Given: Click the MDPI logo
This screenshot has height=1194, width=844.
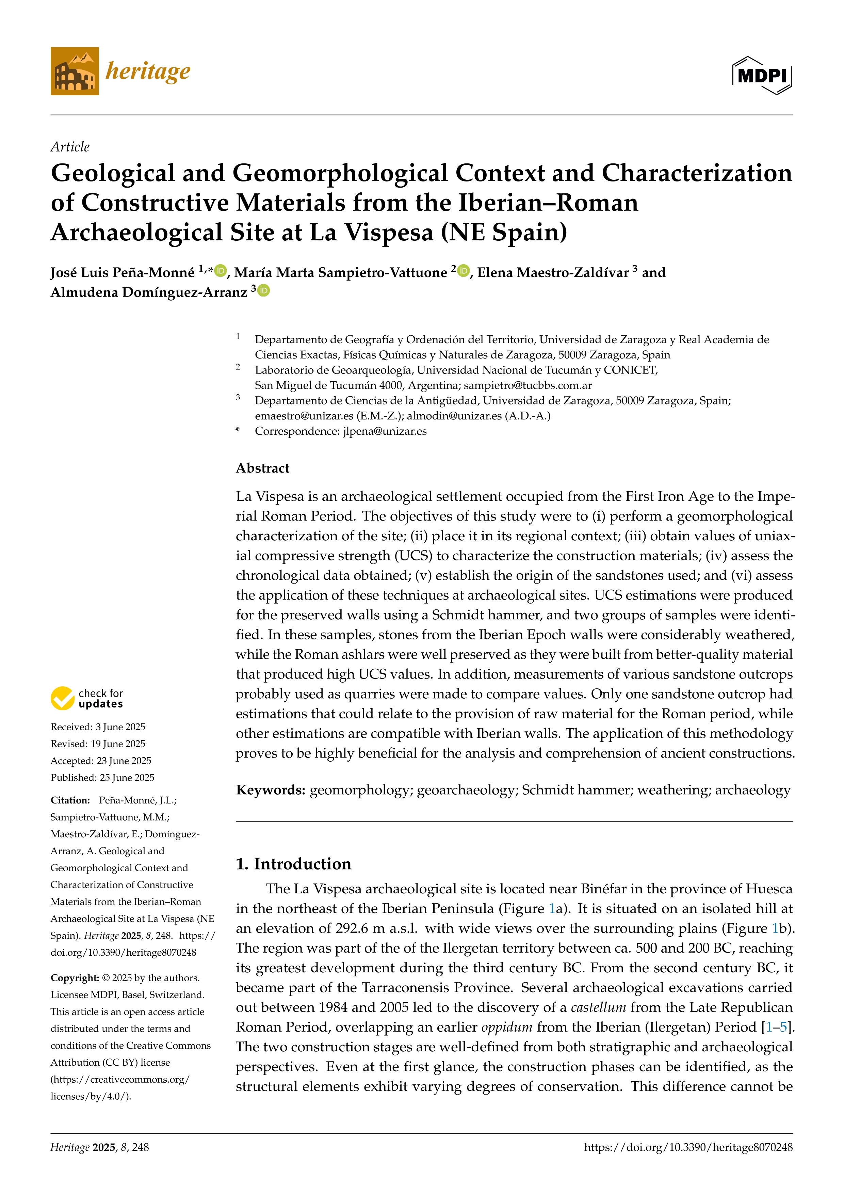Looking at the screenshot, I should pos(762,76).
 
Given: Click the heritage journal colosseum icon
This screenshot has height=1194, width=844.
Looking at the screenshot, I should pos(74,71).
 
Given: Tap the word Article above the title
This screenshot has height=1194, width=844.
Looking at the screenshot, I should pos(70,147).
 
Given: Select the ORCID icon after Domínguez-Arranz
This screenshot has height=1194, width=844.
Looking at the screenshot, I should pos(264,291).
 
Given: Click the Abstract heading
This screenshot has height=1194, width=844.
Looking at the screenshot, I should pos(262,468).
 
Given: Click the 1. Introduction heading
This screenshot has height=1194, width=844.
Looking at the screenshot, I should pos(294,864).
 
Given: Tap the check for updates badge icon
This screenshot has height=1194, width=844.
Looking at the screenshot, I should pos(62,698).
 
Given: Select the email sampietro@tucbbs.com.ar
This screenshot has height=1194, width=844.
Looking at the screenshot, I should pos(527,385).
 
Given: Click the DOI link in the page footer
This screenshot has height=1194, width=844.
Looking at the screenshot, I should pos(688,1147).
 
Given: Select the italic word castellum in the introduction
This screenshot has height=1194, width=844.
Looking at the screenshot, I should pos(598,1007).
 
